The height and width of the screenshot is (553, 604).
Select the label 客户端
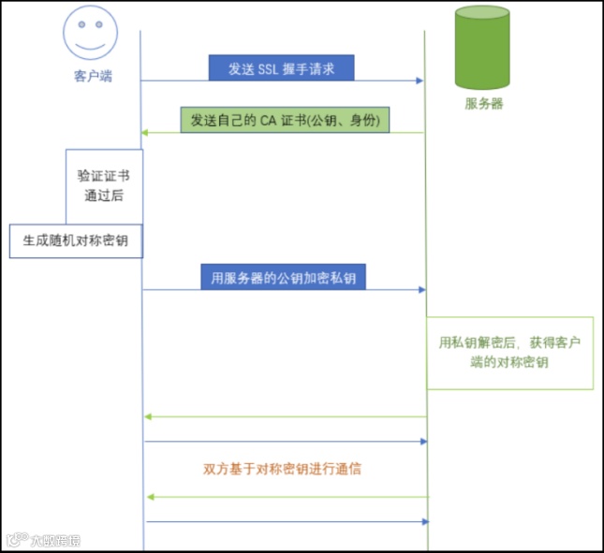coord(93,76)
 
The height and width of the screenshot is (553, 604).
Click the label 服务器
coord(483,104)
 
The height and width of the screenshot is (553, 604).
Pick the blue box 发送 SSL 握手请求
coord(281,67)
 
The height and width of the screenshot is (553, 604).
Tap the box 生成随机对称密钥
coord(76,240)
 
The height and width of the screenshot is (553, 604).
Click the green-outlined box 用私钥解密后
coord(509,352)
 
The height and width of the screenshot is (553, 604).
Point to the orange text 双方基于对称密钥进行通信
coord(282,469)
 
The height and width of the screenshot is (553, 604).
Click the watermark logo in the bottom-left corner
coord(42,540)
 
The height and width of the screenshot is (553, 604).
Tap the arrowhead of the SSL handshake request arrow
coord(420,80)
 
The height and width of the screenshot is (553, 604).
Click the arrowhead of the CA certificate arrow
coord(145,133)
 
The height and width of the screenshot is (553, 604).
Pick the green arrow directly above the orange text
coord(286,416)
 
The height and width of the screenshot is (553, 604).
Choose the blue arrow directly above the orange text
coord(286,441)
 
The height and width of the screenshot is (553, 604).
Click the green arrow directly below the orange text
coord(286,498)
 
